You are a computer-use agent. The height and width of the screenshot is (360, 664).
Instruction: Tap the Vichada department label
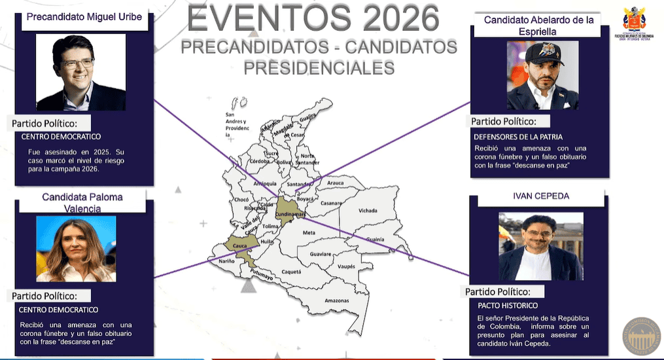click(368, 211)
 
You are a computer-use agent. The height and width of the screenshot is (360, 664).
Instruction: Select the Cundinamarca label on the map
click(292, 214)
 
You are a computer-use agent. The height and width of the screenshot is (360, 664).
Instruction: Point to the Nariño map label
click(226, 261)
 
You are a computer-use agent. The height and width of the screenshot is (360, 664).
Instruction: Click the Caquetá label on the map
click(291, 271)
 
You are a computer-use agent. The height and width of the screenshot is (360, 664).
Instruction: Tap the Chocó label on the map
click(241, 200)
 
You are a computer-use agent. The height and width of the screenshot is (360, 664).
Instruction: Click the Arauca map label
click(335, 183)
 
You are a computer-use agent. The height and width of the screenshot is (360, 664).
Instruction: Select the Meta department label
click(309, 232)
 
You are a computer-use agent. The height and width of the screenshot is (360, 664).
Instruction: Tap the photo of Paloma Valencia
click(76, 249)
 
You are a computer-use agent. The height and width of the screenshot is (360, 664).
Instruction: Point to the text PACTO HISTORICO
click(508, 306)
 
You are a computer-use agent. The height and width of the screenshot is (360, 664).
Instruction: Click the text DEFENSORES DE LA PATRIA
click(517, 137)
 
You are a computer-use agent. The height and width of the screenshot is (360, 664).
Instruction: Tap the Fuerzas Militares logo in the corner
click(634, 22)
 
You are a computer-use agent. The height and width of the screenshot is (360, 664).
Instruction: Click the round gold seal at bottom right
click(641, 336)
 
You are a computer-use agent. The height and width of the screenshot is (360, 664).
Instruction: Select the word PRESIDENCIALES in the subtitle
click(319, 67)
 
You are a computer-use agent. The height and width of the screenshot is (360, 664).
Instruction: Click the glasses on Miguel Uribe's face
click(77, 63)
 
